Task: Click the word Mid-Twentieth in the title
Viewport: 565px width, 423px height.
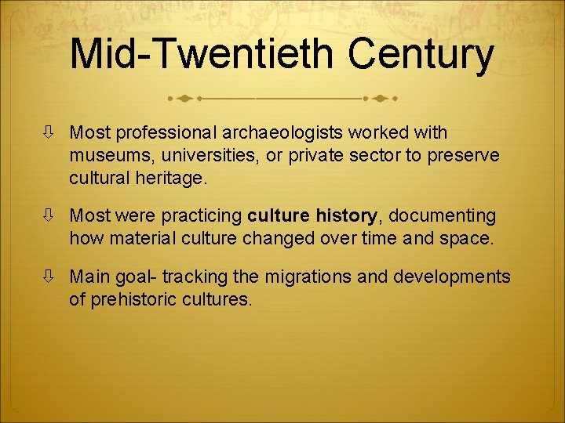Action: tap(202, 54)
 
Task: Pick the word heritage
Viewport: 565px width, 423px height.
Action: tap(172, 178)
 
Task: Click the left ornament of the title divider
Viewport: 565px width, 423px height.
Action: tap(183, 99)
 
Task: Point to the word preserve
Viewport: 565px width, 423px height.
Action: tap(464, 156)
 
